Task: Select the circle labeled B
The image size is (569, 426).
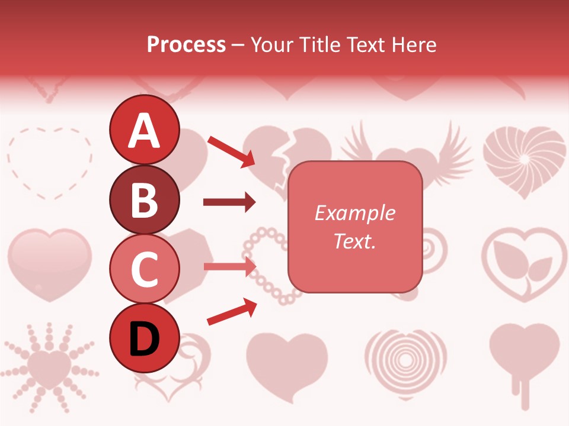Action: [144, 199]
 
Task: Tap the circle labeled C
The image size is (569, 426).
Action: [144, 269]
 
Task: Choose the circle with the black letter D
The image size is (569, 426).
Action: [144, 338]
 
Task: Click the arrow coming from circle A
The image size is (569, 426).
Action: [231, 151]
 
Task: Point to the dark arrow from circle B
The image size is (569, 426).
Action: [229, 202]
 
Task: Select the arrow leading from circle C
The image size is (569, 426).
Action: [229, 266]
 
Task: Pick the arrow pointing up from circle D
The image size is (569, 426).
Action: [232, 312]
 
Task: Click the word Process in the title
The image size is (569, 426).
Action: [186, 44]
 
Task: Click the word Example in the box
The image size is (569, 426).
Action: [354, 213]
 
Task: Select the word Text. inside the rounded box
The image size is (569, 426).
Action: [354, 241]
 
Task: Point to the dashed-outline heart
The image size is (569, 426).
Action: [50, 161]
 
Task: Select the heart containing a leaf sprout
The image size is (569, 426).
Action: [524, 264]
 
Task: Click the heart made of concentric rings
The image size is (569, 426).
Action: [405, 357]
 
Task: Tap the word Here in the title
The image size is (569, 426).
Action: [415, 44]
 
